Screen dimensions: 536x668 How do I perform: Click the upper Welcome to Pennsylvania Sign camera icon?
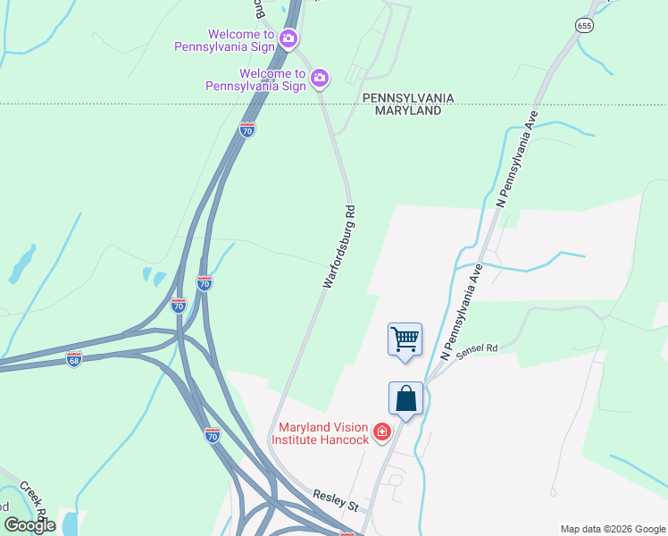(288, 38)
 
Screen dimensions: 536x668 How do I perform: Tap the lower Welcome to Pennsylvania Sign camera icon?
(320, 80)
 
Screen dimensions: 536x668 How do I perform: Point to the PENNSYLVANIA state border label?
(408, 97)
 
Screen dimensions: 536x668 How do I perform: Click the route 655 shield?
(584, 26)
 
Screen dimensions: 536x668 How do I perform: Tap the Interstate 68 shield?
(74, 358)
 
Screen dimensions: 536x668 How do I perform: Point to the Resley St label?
(335, 501)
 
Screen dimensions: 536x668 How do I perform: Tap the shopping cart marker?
(405, 340)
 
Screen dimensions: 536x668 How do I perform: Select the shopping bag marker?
(405, 398)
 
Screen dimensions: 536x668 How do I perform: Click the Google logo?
(29, 525)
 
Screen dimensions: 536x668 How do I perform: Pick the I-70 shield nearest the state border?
(247, 130)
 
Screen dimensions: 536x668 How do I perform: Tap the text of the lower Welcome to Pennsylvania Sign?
(255, 80)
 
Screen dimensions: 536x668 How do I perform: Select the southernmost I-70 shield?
(212, 435)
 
